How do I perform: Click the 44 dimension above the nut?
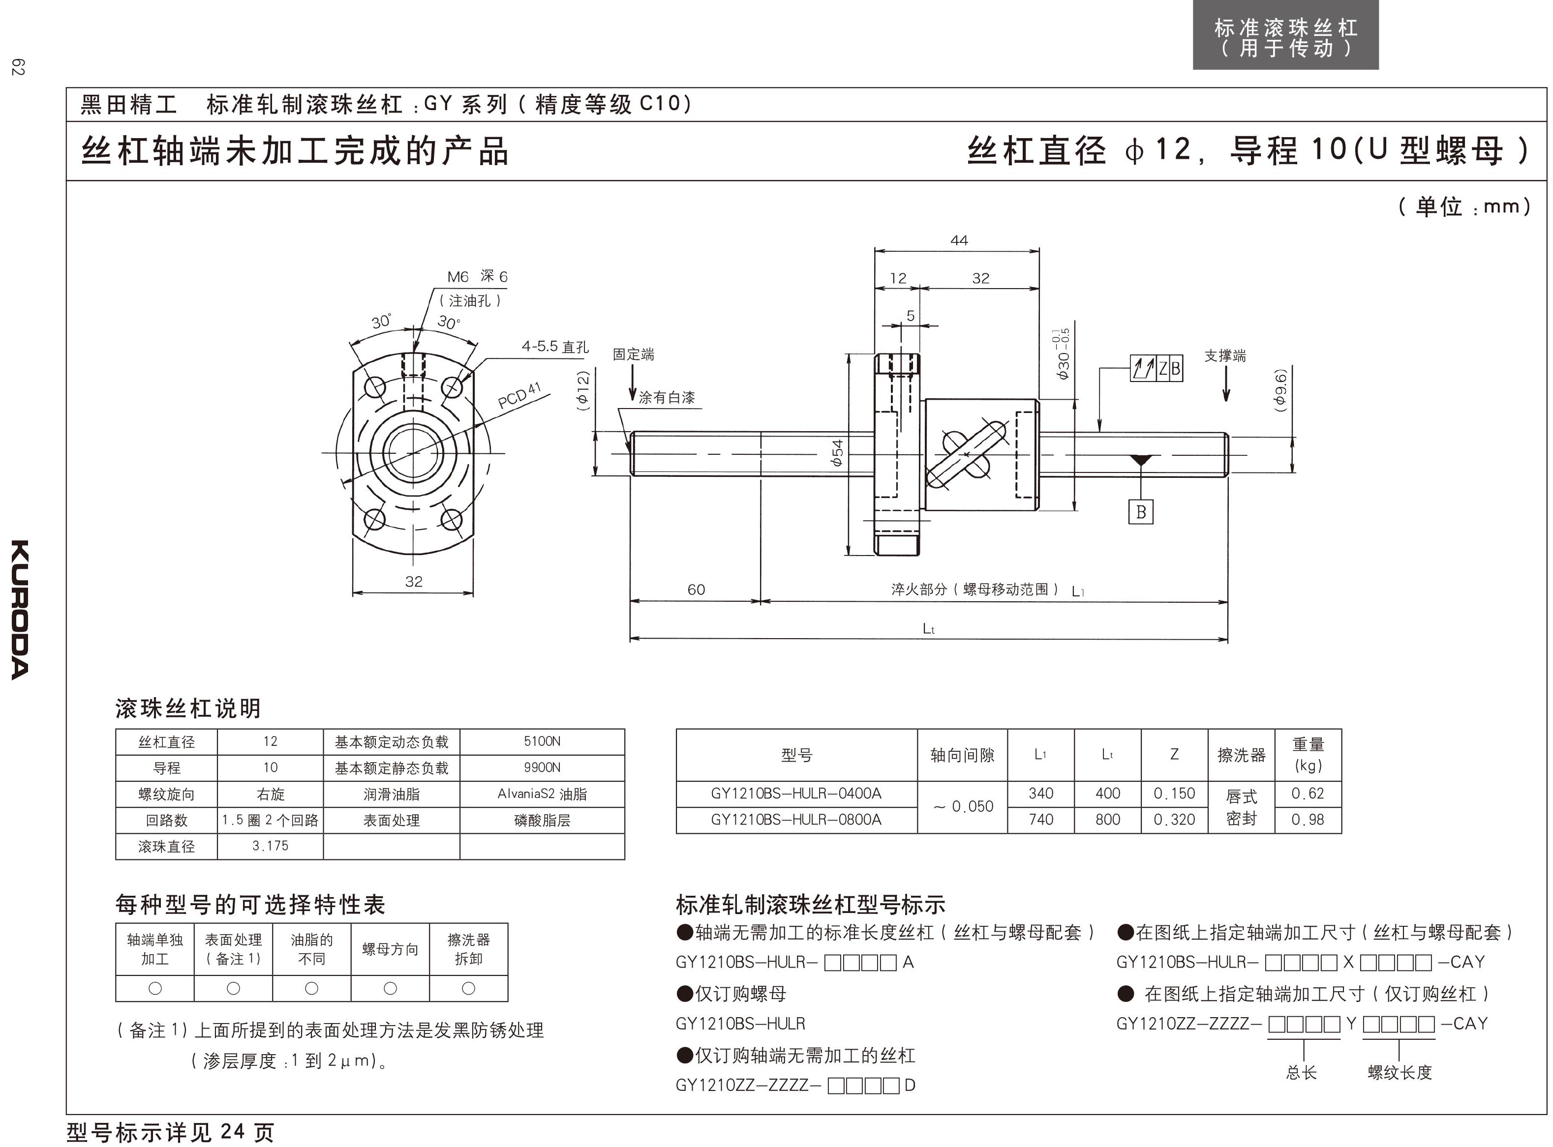[958, 240]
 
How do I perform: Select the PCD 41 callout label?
[519, 396]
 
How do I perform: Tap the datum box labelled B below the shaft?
[1140, 512]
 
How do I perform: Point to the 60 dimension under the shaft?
[696, 589]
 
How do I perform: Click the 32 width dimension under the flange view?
[413, 581]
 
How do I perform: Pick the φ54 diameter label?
[838, 453]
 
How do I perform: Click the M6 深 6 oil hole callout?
[477, 276]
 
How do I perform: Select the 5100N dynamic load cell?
[542, 741]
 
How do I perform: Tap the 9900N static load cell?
[542, 767]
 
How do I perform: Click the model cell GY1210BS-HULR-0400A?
[796, 793]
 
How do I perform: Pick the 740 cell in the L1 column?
[1040, 819]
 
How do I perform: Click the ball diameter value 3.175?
[270, 846]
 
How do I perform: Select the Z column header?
[1174, 754]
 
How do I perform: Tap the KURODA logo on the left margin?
[20, 609]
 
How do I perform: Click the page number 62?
[18, 67]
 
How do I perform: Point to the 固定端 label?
[633, 354]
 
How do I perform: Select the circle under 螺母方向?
[390, 988]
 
